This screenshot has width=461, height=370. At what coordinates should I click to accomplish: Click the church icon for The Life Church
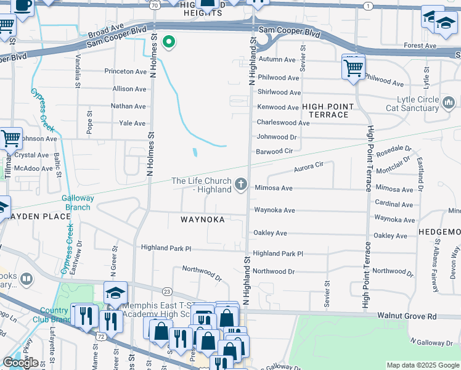point(240,184)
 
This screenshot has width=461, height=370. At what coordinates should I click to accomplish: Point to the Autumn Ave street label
point(277,59)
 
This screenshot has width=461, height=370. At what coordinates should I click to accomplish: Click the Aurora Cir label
point(308,167)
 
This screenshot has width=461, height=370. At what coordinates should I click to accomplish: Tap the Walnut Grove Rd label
point(407,316)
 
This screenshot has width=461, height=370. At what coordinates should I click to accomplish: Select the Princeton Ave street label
point(125,72)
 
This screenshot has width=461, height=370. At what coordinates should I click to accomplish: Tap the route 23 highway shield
point(166,291)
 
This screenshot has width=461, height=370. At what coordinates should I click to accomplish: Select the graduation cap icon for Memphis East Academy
point(115,293)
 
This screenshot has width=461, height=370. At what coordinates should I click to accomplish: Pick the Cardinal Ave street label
point(394,204)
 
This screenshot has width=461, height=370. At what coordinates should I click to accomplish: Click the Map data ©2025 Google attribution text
point(422,365)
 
